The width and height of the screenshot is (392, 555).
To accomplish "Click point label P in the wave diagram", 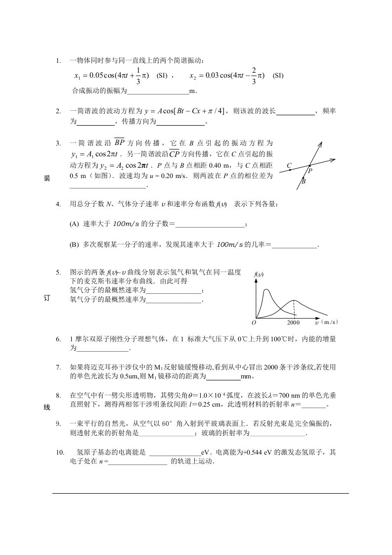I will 310,171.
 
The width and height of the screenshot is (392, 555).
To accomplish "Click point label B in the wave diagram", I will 304,182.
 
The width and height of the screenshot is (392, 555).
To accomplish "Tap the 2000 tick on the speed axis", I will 294,322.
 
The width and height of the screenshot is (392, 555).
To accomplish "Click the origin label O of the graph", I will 254,322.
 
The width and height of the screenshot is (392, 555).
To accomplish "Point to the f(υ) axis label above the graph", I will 258,274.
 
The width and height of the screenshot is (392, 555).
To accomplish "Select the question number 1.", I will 58,61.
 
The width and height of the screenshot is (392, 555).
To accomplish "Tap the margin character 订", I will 47,298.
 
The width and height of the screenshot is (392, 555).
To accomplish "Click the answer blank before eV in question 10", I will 175,453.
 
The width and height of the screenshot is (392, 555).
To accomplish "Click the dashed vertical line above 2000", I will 294,309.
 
